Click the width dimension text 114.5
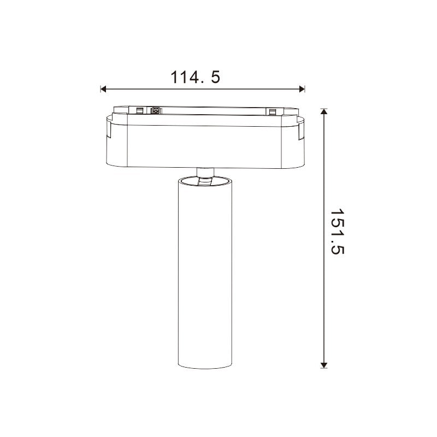[x=196, y=77]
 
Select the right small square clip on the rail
[x=271, y=112]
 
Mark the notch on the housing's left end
[x=109, y=131]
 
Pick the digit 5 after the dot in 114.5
[x=215, y=77]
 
